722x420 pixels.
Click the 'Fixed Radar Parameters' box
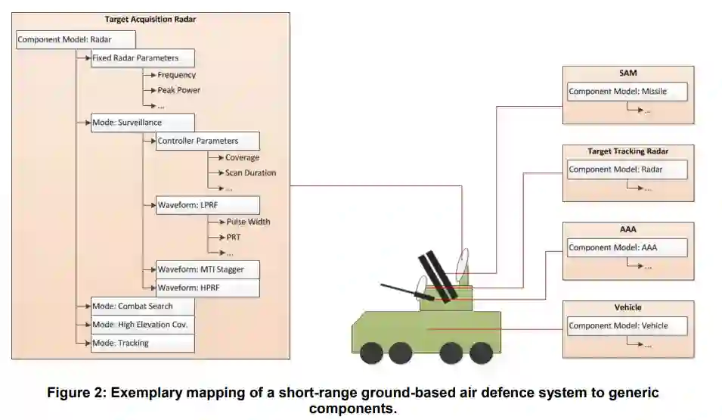tap(143, 58)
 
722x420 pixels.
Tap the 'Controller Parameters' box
tap(208, 141)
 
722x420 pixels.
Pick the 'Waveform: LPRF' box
tap(208, 205)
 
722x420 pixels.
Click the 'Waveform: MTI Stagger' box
tap(208, 269)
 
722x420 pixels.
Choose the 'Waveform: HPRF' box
tap(208, 288)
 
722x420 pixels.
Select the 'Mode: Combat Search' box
tap(143, 306)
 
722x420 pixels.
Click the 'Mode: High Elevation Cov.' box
tap(143, 325)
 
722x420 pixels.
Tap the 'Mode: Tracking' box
tap(143, 343)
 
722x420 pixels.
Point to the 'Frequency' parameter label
tap(177, 75)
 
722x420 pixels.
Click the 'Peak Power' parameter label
tap(179, 90)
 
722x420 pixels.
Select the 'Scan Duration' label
tap(250, 173)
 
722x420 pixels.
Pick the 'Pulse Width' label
tap(248, 222)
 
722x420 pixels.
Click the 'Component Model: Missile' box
tap(627, 92)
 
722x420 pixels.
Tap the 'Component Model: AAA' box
tap(627, 247)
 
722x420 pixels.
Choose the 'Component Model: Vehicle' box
tap(627, 326)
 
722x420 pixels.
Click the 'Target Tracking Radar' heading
tap(627, 151)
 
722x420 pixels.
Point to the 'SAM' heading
tap(627, 73)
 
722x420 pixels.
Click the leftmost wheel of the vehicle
tap(372, 353)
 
